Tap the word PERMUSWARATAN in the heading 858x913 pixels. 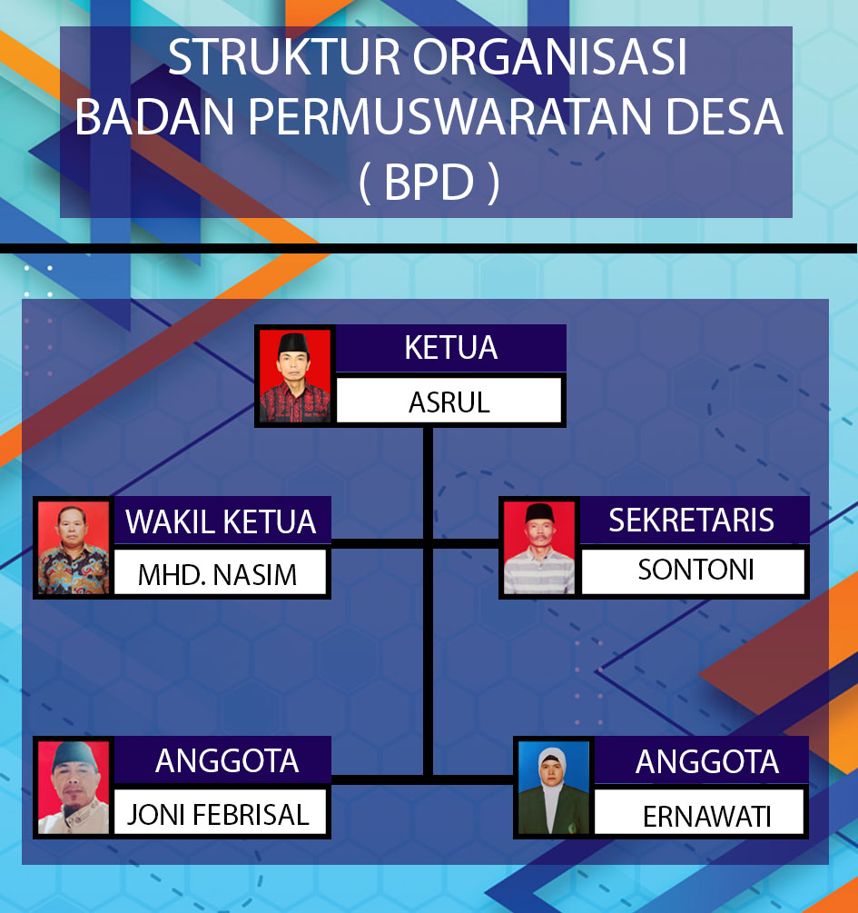coord(449,116)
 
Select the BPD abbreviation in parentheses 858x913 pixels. coord(429,182)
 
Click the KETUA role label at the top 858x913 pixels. coord(451,348)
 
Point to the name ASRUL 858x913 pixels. coord(449,402)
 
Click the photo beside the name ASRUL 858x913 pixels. coord(295,376)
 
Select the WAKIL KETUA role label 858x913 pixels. coord(221,521)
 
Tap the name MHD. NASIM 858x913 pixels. coord(217,575)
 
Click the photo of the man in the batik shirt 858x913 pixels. coord(74,547)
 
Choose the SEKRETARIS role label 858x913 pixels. coord(692,520)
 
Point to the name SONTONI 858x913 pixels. coord(696,570)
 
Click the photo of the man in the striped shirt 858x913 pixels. coord(539,547)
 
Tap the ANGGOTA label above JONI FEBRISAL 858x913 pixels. coord(227,761)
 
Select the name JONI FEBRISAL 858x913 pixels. coord(218,815)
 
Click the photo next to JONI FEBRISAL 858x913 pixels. coord(74,788)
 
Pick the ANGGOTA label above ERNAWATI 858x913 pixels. coord(707,761)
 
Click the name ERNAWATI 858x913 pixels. coord(707,817)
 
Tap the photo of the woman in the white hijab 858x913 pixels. coord(554,788)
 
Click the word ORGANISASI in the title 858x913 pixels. coord(550,57)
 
